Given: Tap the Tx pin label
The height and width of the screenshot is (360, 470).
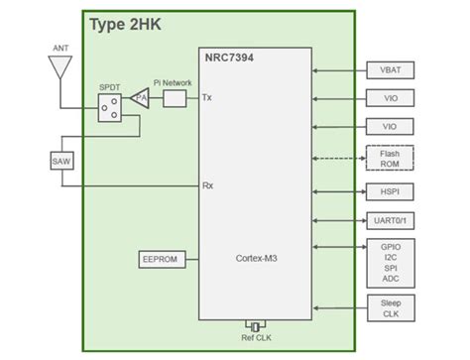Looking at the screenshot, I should coord(206,98).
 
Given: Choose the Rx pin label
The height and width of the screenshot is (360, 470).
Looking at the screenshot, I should coord(207,185).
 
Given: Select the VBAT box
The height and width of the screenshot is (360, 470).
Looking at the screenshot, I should coord(390,71).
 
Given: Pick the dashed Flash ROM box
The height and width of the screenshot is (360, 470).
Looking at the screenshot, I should coord(390,159).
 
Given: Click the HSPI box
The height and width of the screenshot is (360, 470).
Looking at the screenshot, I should coord(390,191).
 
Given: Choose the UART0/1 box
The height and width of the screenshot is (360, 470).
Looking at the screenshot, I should coord(390,220).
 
